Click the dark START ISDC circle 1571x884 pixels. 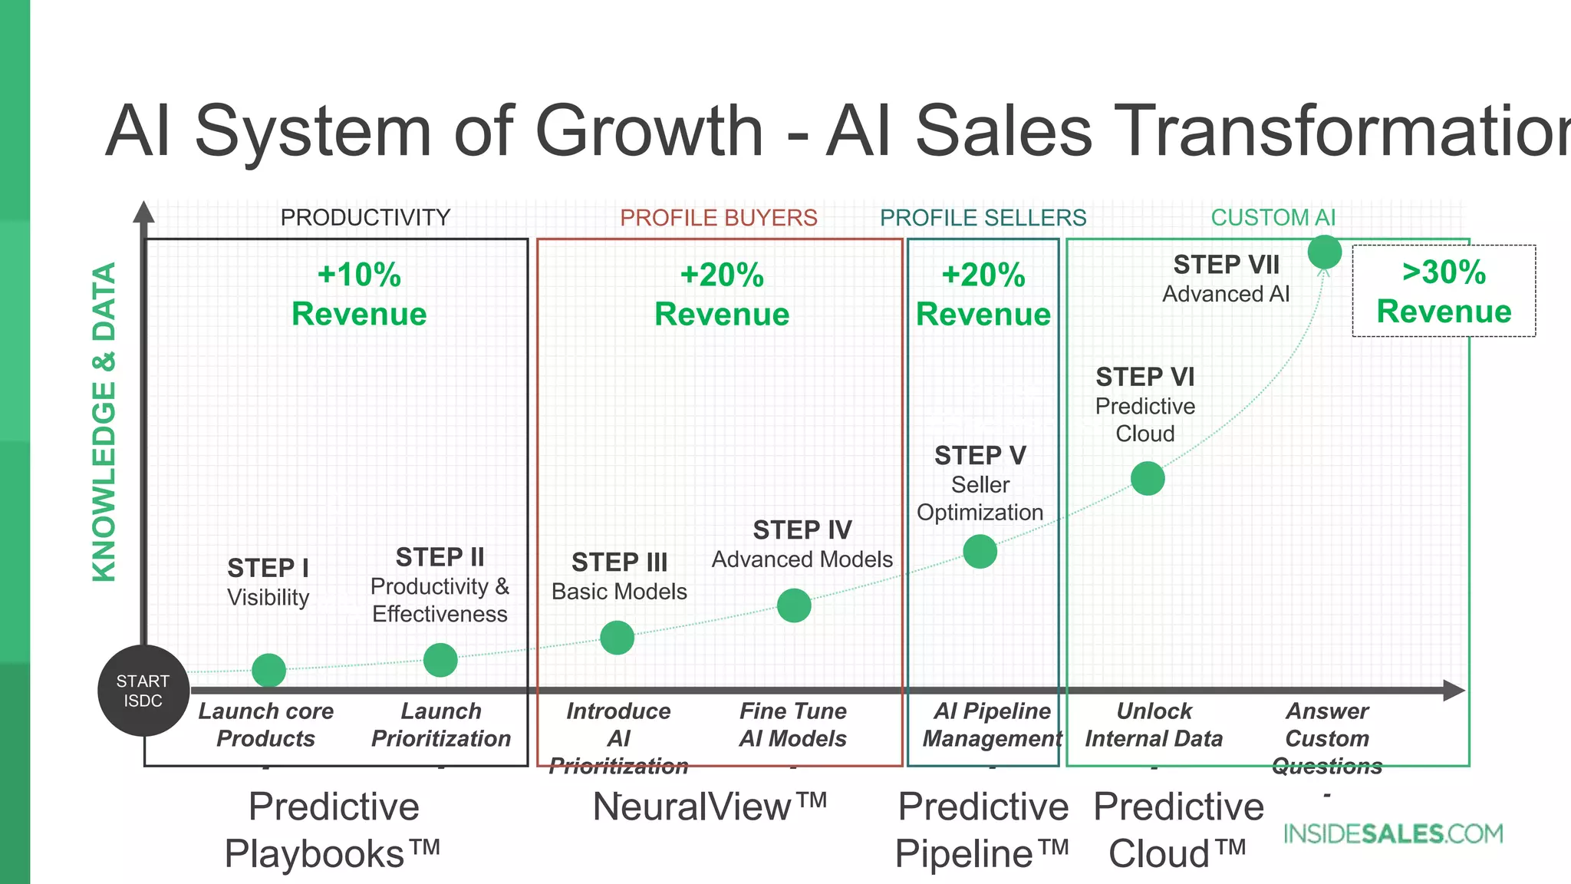click(143, 691)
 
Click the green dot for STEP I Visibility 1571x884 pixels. click(269, 671)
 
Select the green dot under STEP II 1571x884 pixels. click(440, 660)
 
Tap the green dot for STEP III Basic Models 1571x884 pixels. click(618, 638)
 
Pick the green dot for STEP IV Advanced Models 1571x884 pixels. click(794, 605)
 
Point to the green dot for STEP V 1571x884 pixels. click(980, 552)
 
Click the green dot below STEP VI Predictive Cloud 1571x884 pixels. click(1148, 479)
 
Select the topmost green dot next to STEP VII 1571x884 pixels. click(1325, 252)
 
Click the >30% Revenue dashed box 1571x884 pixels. click(1444, 292)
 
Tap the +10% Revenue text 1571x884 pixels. click(359, 295)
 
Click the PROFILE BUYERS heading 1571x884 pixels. click(719, 218)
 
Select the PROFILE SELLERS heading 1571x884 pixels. click(983, 218)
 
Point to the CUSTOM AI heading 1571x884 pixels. click(1273, 218)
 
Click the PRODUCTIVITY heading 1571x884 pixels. click(365, 218)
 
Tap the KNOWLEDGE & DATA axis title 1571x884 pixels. click(104, 422)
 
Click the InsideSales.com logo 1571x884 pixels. click(1393, 834)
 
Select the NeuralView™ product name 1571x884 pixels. click(710, 807)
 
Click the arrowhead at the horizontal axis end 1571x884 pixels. click(1454, 691)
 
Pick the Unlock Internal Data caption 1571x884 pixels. click(1154, 725)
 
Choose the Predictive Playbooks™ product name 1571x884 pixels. click(334, 830)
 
